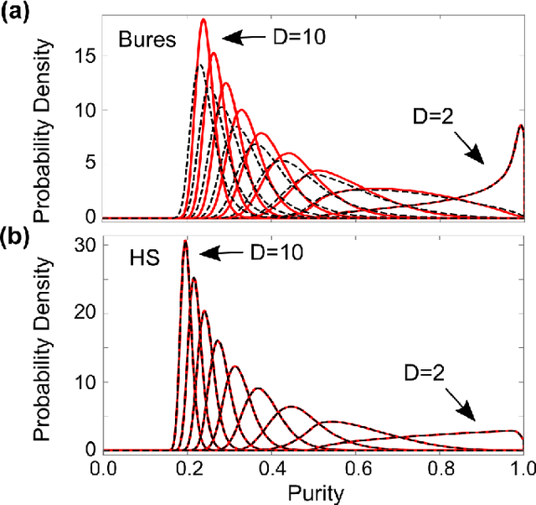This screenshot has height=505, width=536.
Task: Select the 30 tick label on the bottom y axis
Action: (89, 244)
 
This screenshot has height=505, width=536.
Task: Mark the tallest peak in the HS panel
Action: (185, 242)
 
